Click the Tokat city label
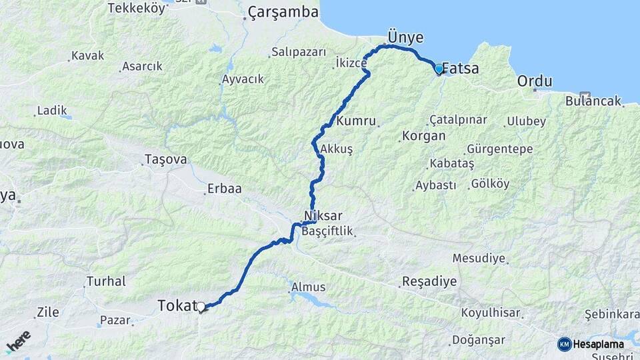[x=177, y=306]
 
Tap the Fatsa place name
[x=461, y=68]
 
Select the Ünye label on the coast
[x=406, y=37]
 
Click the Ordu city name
[x=535, y=81]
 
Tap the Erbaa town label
[x=224, y=189]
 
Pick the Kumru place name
[x=357, y=121]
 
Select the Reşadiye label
[x=429, y=281]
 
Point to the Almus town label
[x=308, y=287]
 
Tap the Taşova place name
[x=165, y=160]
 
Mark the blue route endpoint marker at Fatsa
[x=438, y=69]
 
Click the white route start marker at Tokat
[x=200, y=307]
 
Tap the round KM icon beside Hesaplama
[x=564, y=344]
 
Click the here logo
[x=18, y=341]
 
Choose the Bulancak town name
[x=593, y=101]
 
